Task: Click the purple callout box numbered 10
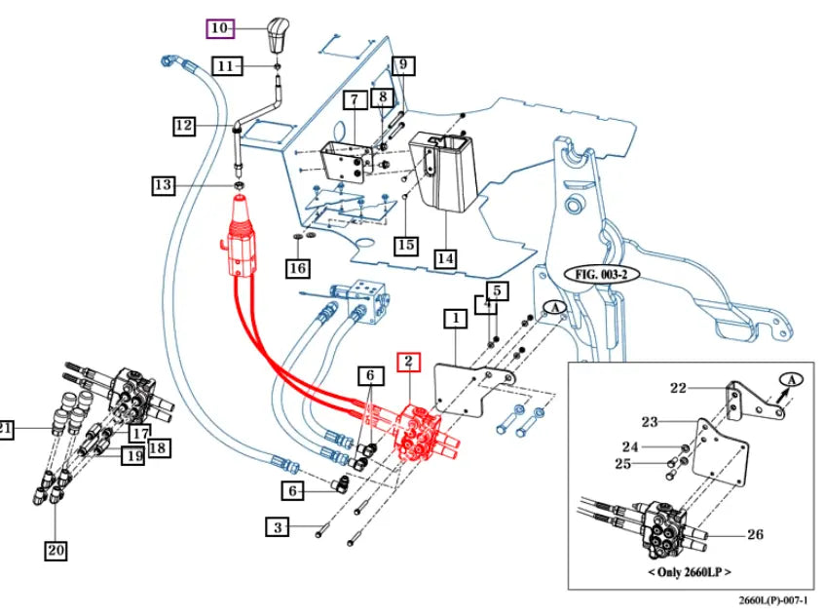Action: (218, 28)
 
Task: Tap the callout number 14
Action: (445, 258)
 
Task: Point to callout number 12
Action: (185, 125)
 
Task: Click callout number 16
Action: (298, 267)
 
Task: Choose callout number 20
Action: (56, 551)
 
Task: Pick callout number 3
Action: (279, 527)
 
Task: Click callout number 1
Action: (454, 317)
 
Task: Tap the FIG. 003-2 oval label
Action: (600, 274)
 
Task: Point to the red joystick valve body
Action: (241, 239)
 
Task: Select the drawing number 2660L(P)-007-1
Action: (773, 602)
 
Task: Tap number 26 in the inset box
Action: (755, 534)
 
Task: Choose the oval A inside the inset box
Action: (791, 378)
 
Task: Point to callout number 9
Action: (404, 66)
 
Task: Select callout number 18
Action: (158, 447)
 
